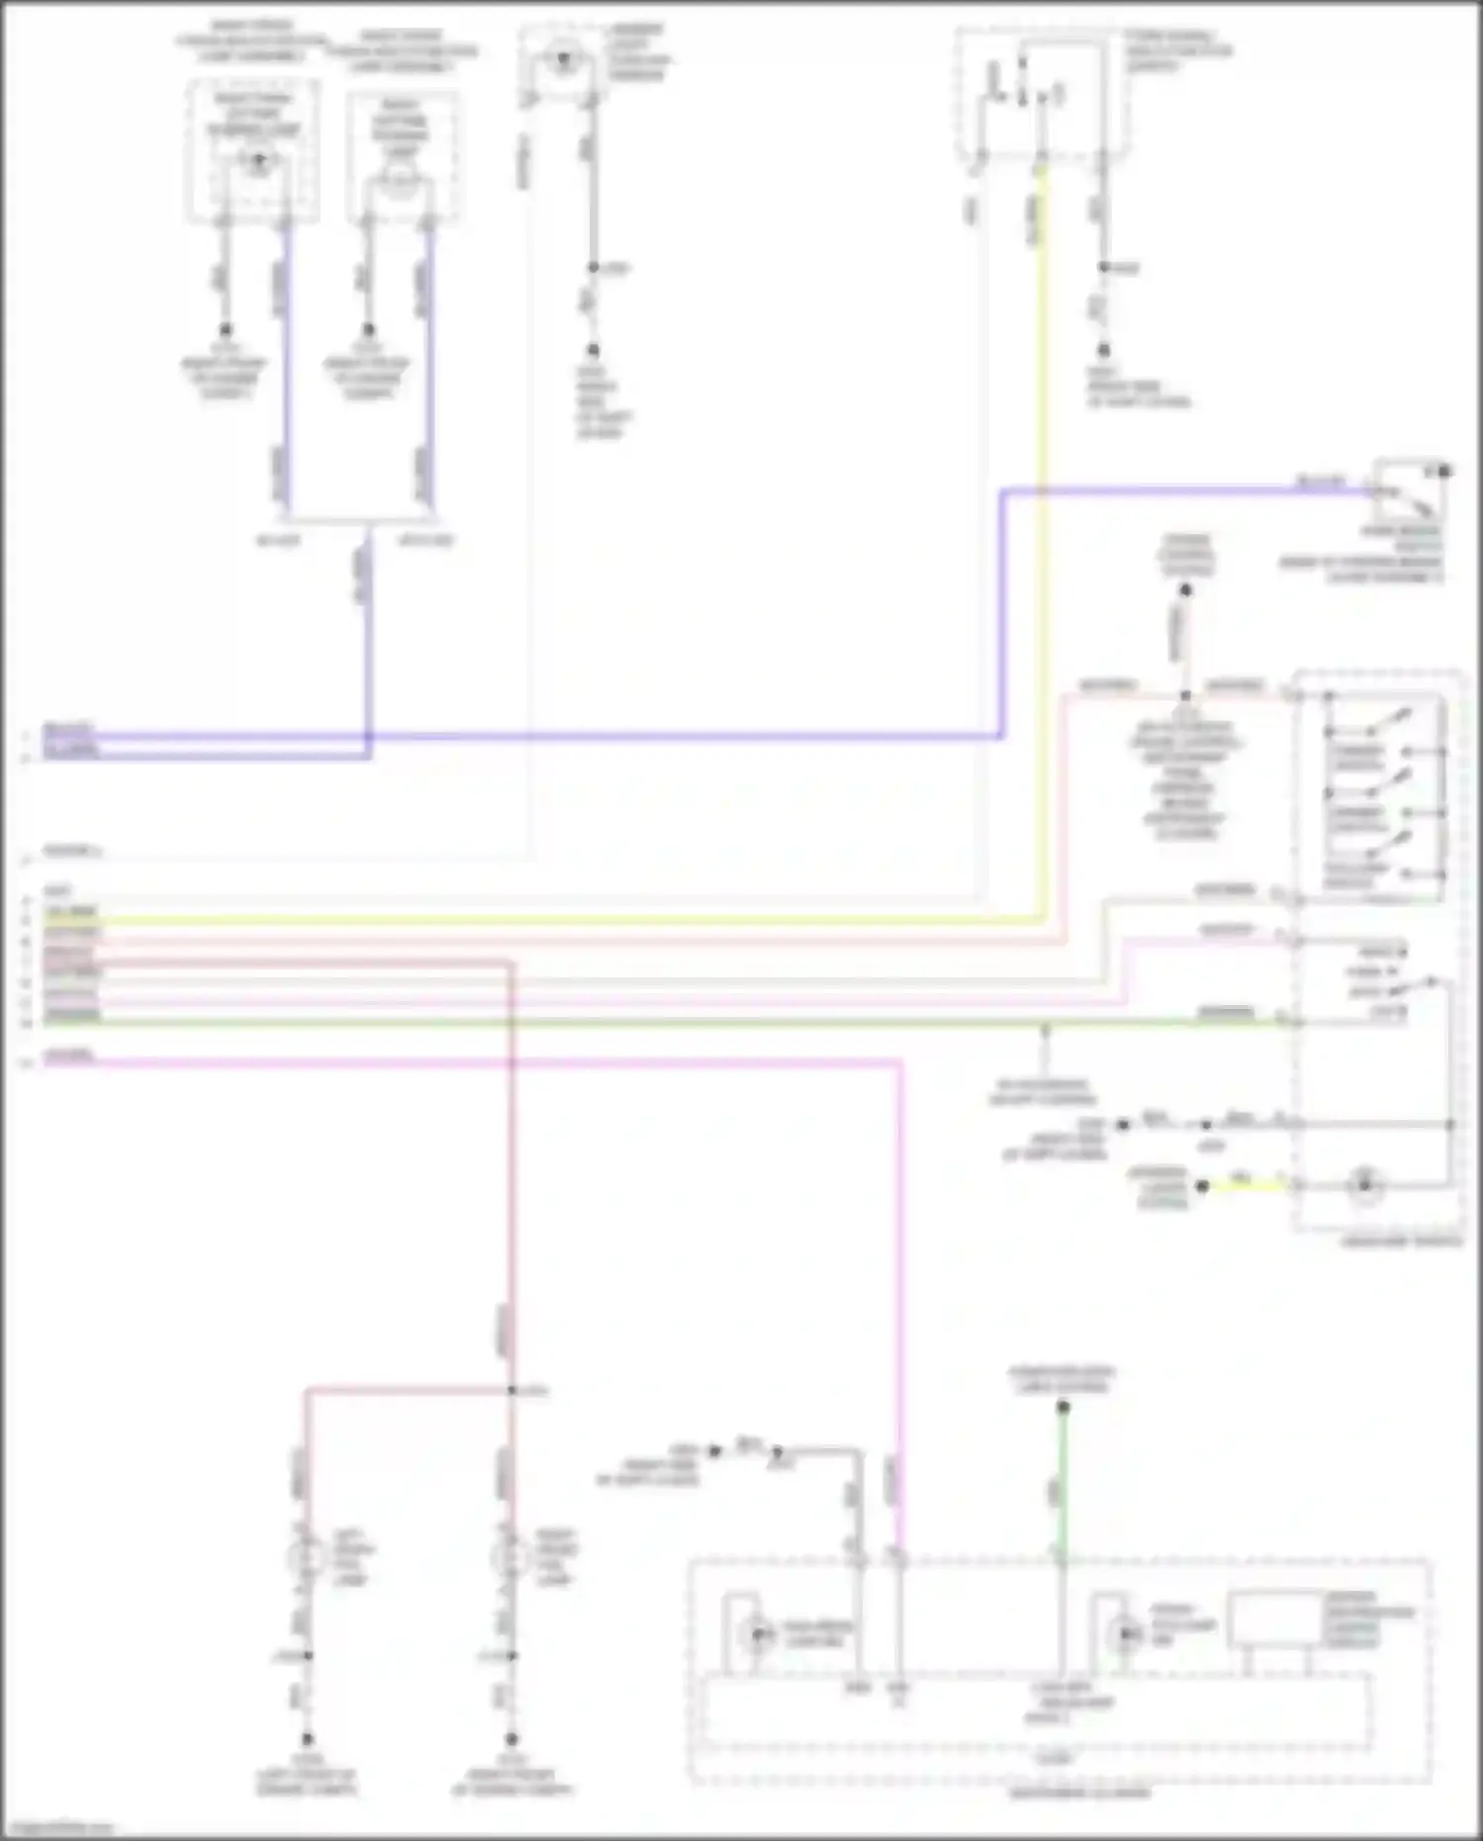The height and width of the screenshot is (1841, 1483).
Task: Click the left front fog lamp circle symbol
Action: [305, 1558]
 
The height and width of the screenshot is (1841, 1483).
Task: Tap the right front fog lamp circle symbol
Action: [510, 1558]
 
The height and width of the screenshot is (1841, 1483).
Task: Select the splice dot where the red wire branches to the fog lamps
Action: [511, 1391]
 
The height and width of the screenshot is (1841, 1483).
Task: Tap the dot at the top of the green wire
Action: [1063, 1407]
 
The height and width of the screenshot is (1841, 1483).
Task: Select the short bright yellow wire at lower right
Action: [1242, 1184]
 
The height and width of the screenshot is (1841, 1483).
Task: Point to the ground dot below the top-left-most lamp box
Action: [226, 329]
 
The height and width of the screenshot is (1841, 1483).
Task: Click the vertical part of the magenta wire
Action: [900, 1286]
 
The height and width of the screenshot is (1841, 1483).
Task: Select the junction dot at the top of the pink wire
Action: [1185, 696]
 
